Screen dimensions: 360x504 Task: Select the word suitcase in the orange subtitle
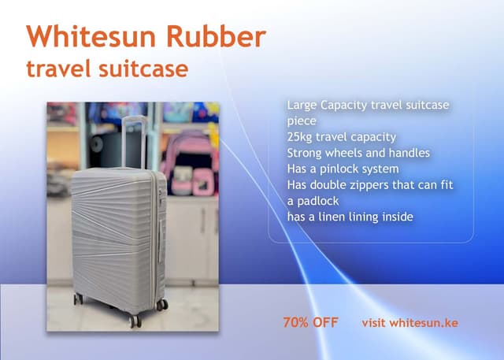146,69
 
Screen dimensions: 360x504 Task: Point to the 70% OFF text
310,323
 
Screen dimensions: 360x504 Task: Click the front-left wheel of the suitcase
135,320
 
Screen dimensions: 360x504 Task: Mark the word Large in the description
302,105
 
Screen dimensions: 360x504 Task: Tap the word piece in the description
301,121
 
